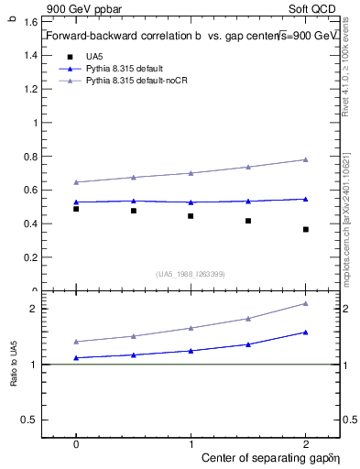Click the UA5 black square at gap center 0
[x=76, y=209]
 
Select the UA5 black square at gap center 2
[x=306, y=229]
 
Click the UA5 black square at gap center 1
[x=191, y=216]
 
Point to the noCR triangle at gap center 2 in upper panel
[x=306, y=159]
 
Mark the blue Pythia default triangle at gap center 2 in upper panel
[x=306, y=199]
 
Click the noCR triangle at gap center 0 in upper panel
[x=76, y=182]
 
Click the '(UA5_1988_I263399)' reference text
[x=190, y=274]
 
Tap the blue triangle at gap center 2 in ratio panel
[x=306, y=333]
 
